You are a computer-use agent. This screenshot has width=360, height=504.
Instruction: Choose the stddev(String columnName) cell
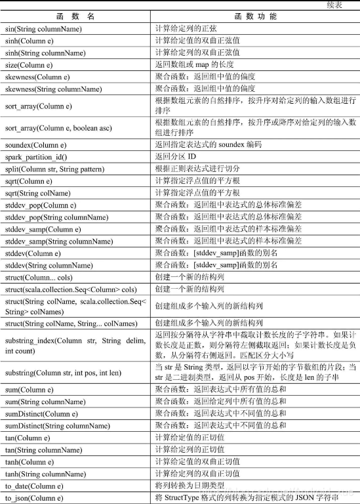pos(49,265)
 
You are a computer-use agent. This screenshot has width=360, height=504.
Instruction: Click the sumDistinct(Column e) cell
pos(41,414)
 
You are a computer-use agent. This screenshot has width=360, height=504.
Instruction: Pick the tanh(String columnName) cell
pos(45,473)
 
